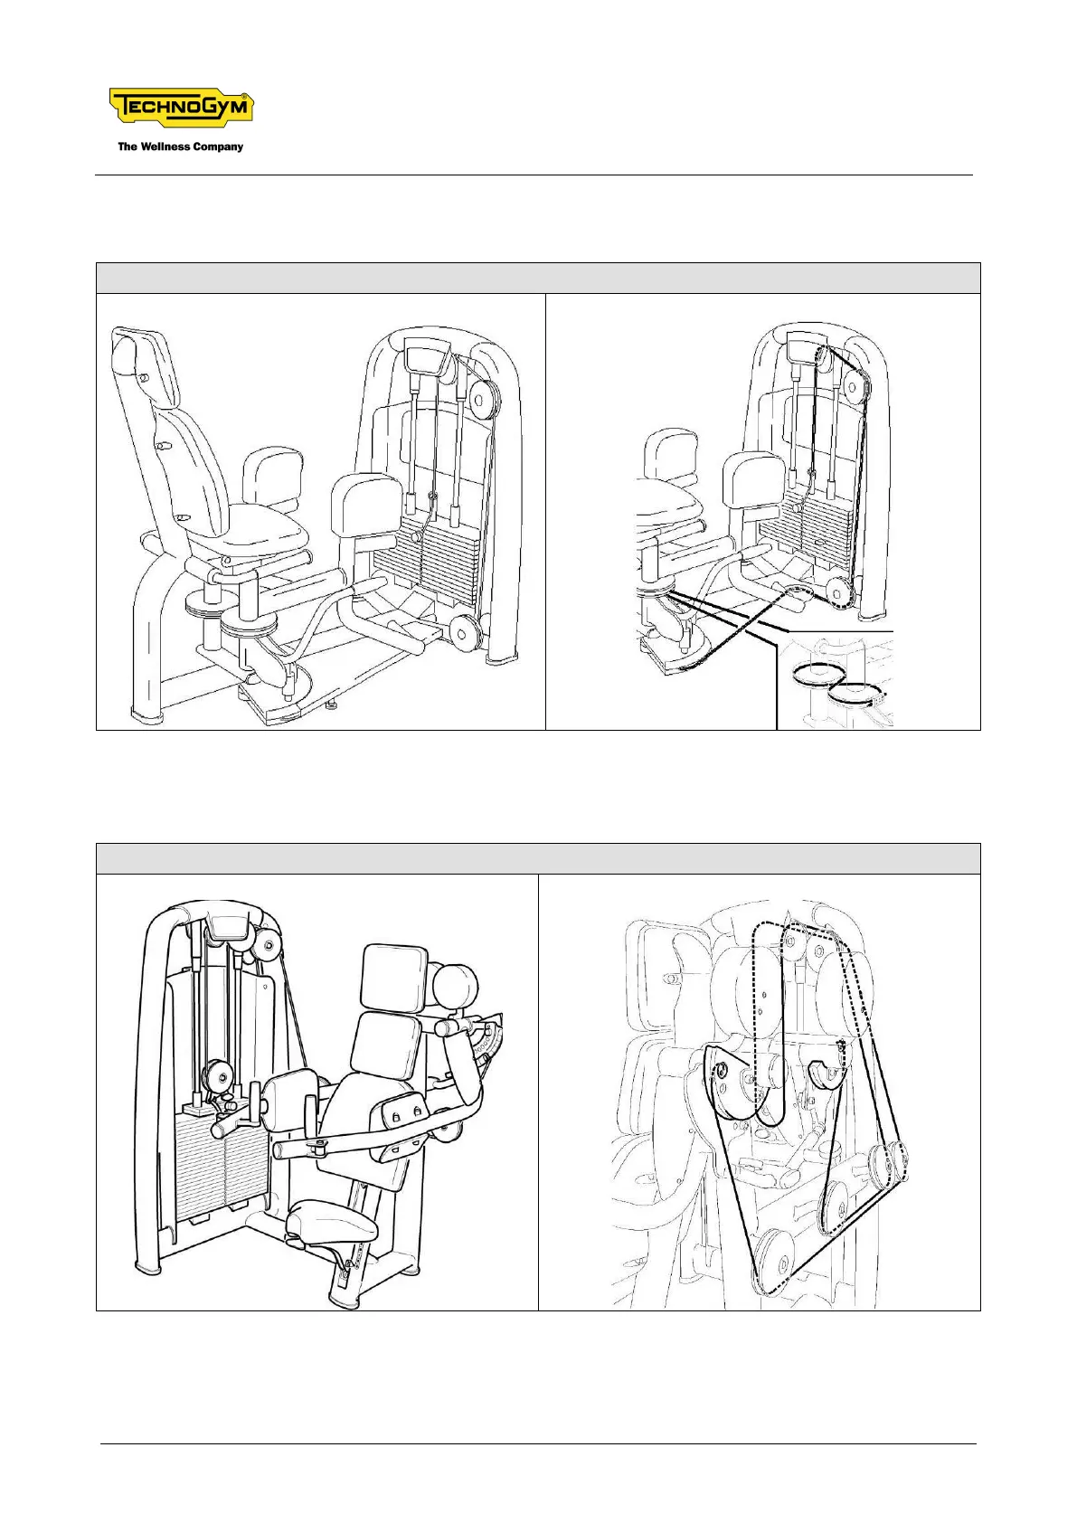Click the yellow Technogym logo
tap(181, 109)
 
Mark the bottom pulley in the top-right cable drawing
tap(842, 592)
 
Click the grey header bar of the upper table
tap(538, 278)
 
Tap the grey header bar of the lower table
tap(538, 858)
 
